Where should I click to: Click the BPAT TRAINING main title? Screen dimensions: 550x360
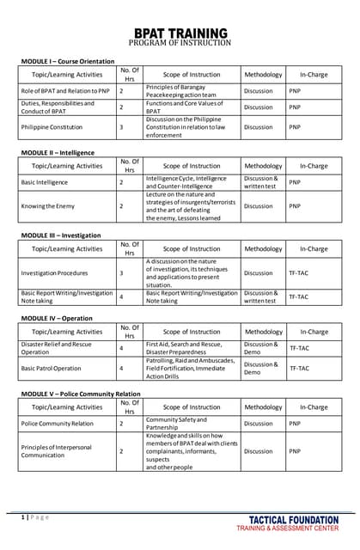coord(180,32)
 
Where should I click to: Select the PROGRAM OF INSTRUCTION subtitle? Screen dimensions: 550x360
coord(180,43)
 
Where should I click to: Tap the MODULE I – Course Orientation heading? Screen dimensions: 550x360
coord(68,61)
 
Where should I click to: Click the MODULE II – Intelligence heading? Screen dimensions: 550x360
coord(58,152)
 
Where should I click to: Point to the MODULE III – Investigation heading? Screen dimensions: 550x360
coord(61,235)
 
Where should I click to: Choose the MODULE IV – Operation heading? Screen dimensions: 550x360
coord(56,317)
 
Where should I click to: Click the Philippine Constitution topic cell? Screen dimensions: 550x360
coord(52,127)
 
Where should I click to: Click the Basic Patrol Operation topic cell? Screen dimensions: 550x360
coord(52,368)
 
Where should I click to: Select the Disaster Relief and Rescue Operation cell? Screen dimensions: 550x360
coord(57,348)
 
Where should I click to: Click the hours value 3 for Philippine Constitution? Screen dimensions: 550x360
coord(121,127)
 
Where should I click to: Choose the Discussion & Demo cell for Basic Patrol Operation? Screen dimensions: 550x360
coord(261,368)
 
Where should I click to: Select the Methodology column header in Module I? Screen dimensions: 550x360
coord(263,75)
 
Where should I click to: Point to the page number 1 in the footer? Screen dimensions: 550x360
coord(22,516)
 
